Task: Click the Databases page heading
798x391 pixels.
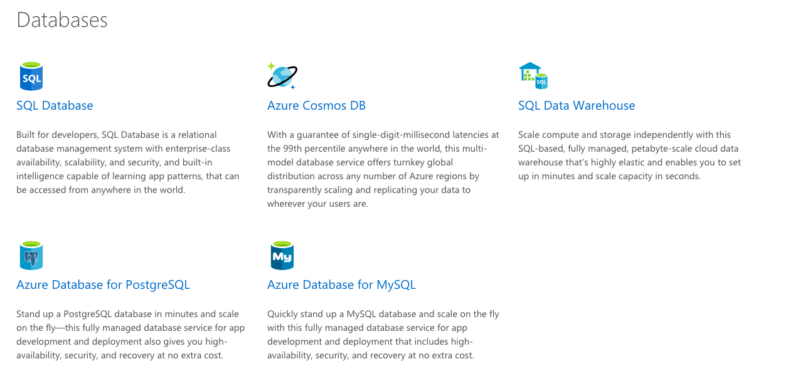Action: pyautogui.click(x=62, y=20)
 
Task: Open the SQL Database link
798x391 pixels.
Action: pyautogui.click(x=55, y=105)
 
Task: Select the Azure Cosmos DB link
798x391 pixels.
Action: pyautogui.click(x=316, y=105)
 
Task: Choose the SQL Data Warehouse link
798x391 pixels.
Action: pyautogui.click(x=577, y=105)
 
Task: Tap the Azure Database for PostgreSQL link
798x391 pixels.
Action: pyautogui.click(x=103, y=284)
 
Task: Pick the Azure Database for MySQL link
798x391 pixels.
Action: pyautogui.click(x=341, y=284)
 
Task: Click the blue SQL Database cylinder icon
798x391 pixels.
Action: pyautogui.click(x=31, y=76)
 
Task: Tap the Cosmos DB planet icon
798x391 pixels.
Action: pyautogui.click(x=282, y=76)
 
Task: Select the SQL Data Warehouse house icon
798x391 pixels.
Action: pyautogui.click(x=533, y=75)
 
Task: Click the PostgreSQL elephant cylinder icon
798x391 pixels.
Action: pyautogui.click(x=31, y=256)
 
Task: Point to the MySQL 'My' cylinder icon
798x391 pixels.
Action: pyautogui.click(x=282, y=256)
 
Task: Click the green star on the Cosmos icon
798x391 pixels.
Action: pyautogui.click(x=271, y=66)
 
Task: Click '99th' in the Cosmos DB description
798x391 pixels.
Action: pyautogui.click(x=292, y=149)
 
